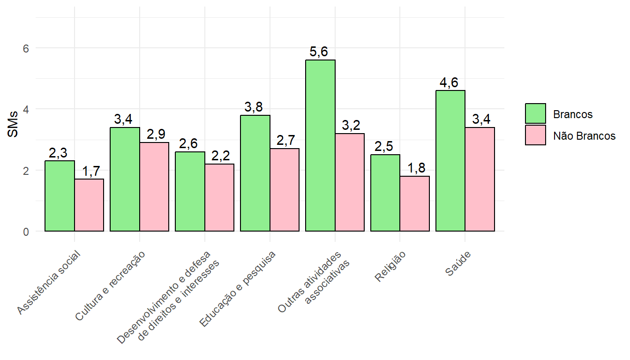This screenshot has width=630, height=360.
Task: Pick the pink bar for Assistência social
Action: click(x=89, y=205)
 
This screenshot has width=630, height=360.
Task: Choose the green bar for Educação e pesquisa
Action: click(x=255, y=173)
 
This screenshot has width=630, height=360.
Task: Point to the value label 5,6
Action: click(x=319, y=52)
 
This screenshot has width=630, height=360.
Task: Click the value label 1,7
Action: click(x=90, y=172)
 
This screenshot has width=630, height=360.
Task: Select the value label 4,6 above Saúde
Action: click(x=449, y=83)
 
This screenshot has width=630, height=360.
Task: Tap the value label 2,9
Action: click(x=156, y=135)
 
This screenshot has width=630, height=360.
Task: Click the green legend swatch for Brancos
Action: click(x=535, y=113)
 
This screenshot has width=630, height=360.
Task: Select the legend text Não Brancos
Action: click(x=584, y=136)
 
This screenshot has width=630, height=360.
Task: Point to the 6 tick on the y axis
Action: click(x=26, y=48)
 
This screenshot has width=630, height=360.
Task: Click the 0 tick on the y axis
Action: click(x=26, y=231)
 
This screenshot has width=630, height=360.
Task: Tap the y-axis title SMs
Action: click(x=13, y=124)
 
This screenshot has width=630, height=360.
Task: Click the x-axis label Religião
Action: click(x=390, y=268)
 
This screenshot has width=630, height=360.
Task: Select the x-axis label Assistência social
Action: click(x=49, y=283)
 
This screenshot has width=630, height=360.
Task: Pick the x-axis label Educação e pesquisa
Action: click(x=238, y=289)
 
